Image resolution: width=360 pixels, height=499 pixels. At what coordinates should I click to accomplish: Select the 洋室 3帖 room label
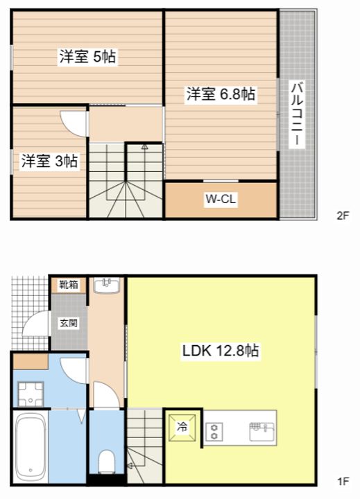pos(49,161)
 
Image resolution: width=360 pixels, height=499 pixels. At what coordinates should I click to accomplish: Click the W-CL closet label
pos(221,200)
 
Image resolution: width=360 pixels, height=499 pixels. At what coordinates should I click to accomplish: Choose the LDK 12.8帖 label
pos(221,351)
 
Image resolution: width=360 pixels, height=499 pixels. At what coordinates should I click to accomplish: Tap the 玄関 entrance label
pos(68,322)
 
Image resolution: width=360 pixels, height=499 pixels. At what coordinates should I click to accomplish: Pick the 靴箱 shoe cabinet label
pos(68,284)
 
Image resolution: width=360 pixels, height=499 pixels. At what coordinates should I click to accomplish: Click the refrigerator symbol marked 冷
pos(182,426)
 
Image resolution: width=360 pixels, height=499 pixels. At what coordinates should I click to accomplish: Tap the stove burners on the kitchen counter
pos(215,430)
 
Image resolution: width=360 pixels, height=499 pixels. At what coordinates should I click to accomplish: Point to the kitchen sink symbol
pos(262,430)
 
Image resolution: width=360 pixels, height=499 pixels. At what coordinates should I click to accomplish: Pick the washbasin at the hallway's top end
pos(107,285)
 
